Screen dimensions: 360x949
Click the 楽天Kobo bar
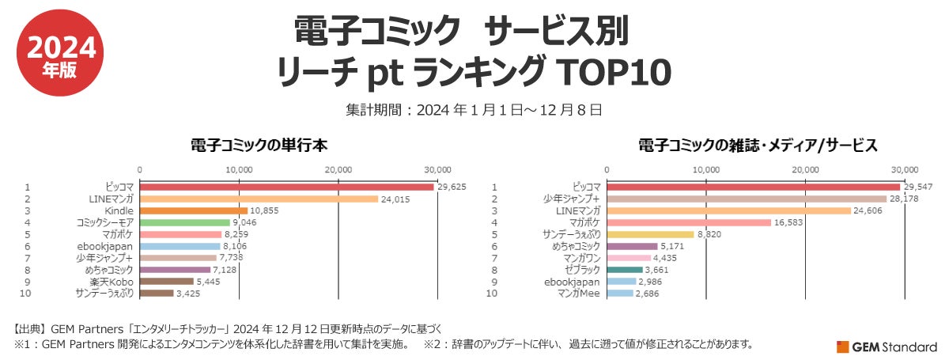[167, 282]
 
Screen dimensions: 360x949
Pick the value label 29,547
[918, 187]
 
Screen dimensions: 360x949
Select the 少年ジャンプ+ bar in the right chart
[747, 199]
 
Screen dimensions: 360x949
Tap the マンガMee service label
[579, 294]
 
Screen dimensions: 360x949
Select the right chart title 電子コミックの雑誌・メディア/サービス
[758, 146]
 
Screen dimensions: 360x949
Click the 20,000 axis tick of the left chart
[338, 169]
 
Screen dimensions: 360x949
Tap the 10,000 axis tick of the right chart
[705, 169]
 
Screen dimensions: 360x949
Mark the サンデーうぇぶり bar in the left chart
[157, 294]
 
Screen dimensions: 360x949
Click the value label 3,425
[191, 294]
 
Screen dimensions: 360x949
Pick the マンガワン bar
[629, 258]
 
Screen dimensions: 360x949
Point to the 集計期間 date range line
[474, 108]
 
